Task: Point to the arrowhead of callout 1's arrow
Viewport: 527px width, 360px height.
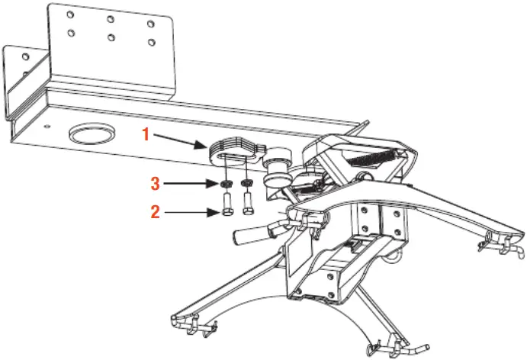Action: (x=204, y=145)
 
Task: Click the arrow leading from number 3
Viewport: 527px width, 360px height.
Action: (x=191, y=184)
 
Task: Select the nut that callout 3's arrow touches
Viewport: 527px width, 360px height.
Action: (x=227, y=185)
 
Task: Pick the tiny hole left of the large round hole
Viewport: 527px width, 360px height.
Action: (x=47, y=126)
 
